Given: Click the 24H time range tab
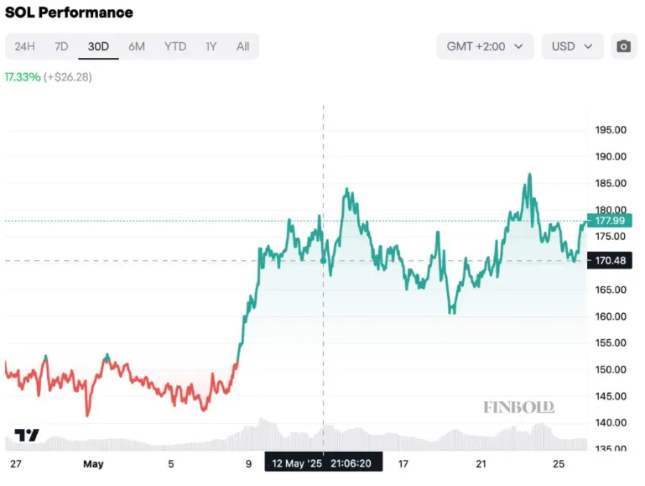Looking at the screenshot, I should (24, 46).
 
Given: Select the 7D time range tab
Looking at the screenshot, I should (61, 46).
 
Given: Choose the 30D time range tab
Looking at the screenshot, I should (98, 46).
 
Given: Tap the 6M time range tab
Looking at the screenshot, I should (137, 46).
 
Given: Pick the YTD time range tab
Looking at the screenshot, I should (175, 46).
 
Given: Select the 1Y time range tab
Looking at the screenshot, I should (211, 46).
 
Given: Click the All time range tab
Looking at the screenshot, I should (242, 46).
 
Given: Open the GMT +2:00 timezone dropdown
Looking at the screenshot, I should (485, 46).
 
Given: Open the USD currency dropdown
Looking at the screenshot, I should (572, 46).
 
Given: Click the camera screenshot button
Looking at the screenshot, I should (623, 46).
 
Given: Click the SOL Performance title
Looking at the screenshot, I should (69, 13).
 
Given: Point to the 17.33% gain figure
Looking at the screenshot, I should (22, 76).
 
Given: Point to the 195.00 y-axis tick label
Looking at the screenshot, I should (611, 130).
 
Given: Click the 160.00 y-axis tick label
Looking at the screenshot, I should (611, 316).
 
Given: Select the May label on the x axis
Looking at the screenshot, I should (92, 462).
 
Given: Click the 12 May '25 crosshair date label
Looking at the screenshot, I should (324, 462).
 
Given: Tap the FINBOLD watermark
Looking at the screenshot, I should (518, 407).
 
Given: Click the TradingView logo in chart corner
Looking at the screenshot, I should (27, 435).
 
